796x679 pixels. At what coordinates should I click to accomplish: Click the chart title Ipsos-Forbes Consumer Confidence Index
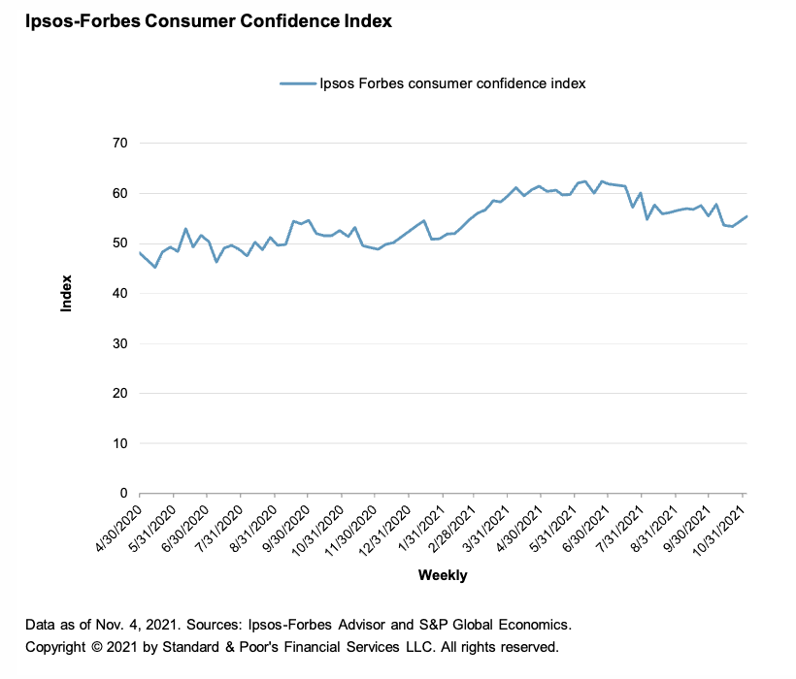pyautogui.click(x=202, y=20)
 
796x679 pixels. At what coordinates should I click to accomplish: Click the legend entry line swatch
pyautogui.click(x=298, y=83)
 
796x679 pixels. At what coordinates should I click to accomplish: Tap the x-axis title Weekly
pyautogui.click(x=443, y=575)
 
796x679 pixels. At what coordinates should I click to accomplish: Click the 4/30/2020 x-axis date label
pyautogui.click(x=120, y=525)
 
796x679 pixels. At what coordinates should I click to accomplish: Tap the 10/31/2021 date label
pyautogui.click(x=720, y=527)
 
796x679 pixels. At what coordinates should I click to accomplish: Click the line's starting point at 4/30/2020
pyautogui.click(x=141, y=253)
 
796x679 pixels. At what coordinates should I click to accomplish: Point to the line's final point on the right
pyautogui.click(x=746, y=216)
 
